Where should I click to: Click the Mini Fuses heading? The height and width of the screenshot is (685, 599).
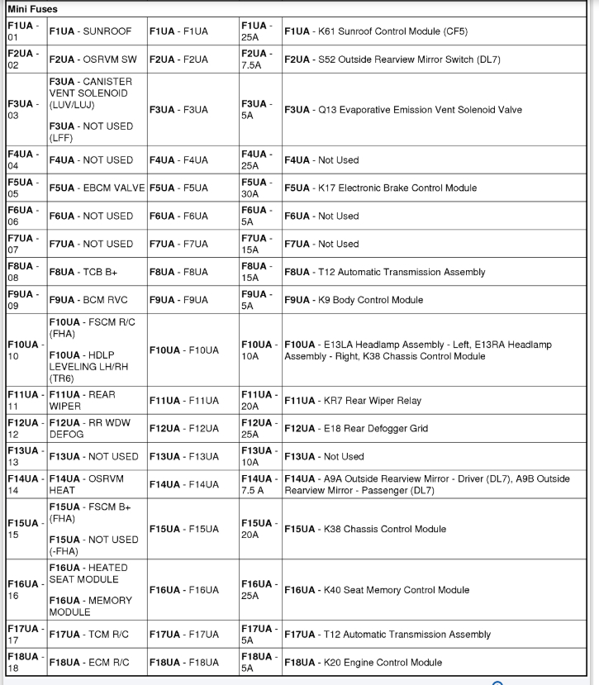pos(33,8)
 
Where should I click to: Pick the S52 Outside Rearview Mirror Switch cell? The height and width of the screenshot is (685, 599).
pos(392,59)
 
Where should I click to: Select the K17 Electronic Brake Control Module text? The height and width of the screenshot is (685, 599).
pos(380,188)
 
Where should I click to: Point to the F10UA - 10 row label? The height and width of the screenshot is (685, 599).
pos(23,350)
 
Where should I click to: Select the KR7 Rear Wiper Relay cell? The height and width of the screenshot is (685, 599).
pos(353,401)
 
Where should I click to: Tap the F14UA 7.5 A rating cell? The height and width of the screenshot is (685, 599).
pos(259,484)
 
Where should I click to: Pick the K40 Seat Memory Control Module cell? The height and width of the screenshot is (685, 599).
pos(377,590)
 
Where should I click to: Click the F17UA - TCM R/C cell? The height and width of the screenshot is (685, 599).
pos(90,635)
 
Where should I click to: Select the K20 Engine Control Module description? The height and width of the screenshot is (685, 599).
pos(364,662)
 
